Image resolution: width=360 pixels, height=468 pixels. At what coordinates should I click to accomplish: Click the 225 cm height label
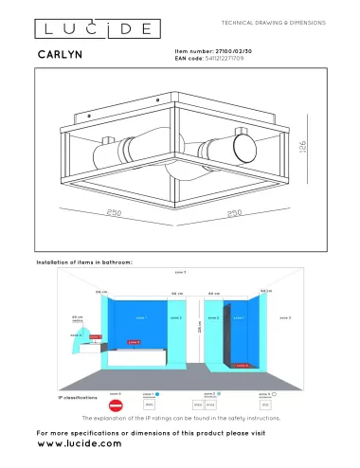coord(199,328)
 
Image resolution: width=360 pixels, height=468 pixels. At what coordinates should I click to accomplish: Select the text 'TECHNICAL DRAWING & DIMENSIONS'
coord(273,21)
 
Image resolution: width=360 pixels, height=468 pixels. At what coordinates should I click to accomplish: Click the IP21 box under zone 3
coord(265,404)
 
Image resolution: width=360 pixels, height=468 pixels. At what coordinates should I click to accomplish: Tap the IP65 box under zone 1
coord(149,404)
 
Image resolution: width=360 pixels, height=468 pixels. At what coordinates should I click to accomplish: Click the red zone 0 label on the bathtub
coord(134,342)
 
